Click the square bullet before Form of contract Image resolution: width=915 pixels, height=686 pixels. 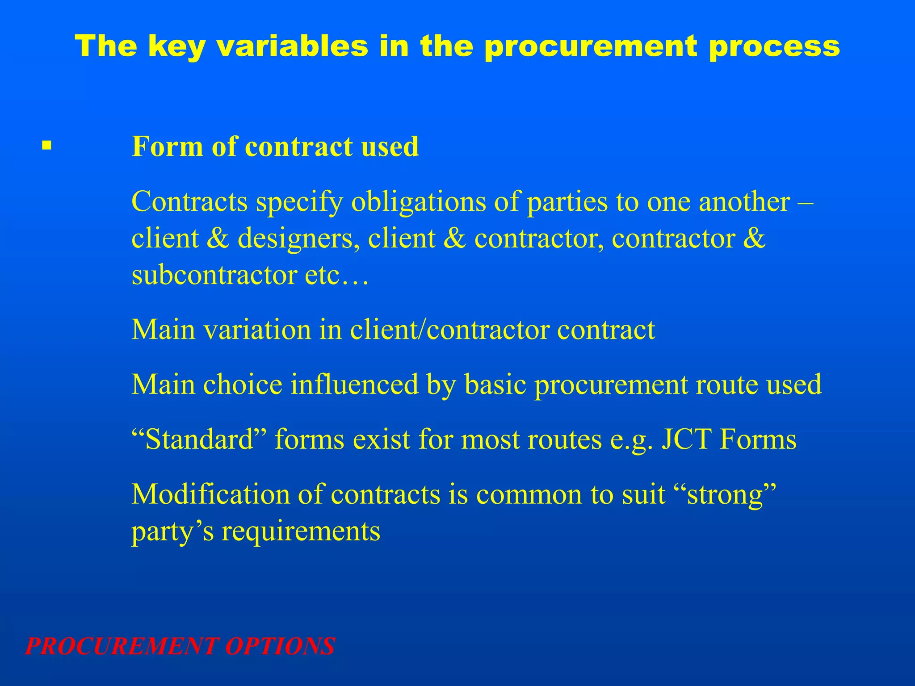coord(46,146)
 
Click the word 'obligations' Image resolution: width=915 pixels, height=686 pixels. coord(418,202)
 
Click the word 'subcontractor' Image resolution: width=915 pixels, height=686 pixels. coord(214,275)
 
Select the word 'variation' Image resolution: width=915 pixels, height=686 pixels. coord(257,330)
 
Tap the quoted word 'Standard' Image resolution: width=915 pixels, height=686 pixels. coord(199,439)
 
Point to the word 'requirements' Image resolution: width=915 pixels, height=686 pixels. coord(301,532)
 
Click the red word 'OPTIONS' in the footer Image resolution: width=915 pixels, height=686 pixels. coord(280,646)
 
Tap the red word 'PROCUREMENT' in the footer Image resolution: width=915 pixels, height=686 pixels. coord(122,646)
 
